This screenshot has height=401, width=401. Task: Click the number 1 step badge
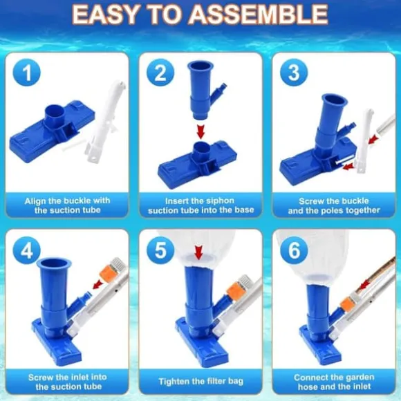[26, 73]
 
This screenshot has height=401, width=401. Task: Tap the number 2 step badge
[160, 73]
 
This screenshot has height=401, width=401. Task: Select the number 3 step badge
[294, 73]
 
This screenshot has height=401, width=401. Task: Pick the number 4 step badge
[26, 250]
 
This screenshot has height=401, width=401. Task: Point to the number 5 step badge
[160, 250]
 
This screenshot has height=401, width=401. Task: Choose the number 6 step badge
[294, 250]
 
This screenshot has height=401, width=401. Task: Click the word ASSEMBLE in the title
[259, 15]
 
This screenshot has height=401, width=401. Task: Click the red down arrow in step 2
[200, 131]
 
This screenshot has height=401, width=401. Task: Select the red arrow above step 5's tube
[198, 252]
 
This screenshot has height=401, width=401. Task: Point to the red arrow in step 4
[98, 284]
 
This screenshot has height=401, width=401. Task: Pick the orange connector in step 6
[347, 305]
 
